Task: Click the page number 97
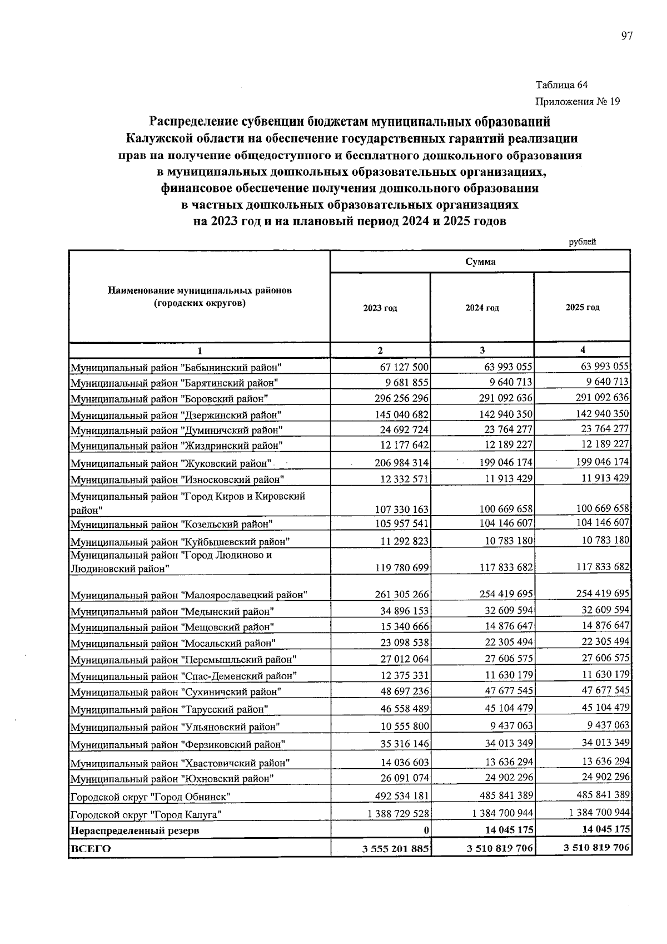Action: [626, 37]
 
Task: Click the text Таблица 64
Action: [561, 85]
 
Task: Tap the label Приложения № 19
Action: [577, 101]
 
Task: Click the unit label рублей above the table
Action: [582, 241]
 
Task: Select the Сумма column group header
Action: [480, 261]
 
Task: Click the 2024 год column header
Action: [482, 308]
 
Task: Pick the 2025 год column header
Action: [582, 308]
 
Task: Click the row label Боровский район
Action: [170, 399]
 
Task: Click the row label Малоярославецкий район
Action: [189, 595]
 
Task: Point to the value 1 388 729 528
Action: [398, 814]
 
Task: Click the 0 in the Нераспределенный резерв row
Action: [426, 831]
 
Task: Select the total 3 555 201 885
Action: [395, 849]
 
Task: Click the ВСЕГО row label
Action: [90, 849]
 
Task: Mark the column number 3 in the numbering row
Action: [482, 350]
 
